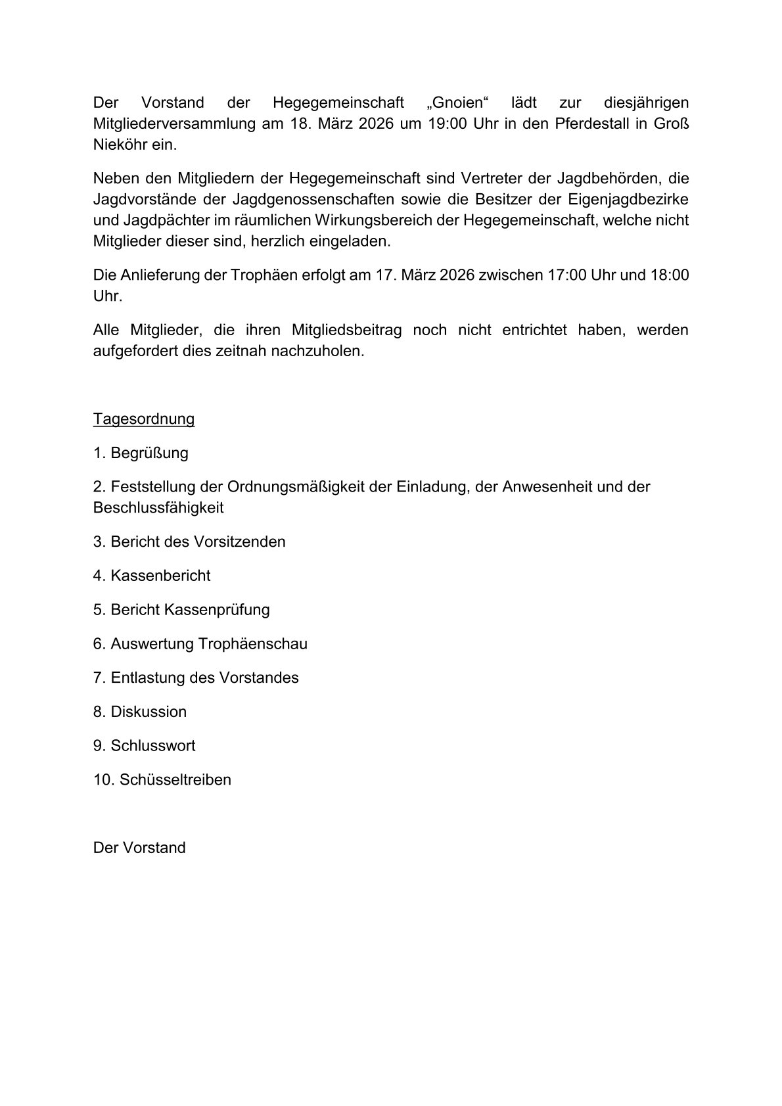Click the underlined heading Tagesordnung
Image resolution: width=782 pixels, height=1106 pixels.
tap(144, 419)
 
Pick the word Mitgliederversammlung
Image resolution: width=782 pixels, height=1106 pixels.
tap(174, 124)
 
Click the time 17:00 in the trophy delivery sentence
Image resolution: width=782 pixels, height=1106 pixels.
tap(567, 275)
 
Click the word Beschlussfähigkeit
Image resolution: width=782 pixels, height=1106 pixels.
tap(158, 508)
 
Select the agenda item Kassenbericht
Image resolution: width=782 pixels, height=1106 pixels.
tap(160, 576)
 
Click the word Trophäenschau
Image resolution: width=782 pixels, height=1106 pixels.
tap(253, 644)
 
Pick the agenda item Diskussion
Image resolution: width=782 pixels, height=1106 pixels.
tap(149, 712)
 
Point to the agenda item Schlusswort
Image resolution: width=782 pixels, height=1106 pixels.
tap(152, 746)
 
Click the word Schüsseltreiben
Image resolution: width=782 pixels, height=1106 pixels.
tap(175, 780)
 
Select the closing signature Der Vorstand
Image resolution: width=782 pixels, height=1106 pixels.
tap(139, 848)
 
